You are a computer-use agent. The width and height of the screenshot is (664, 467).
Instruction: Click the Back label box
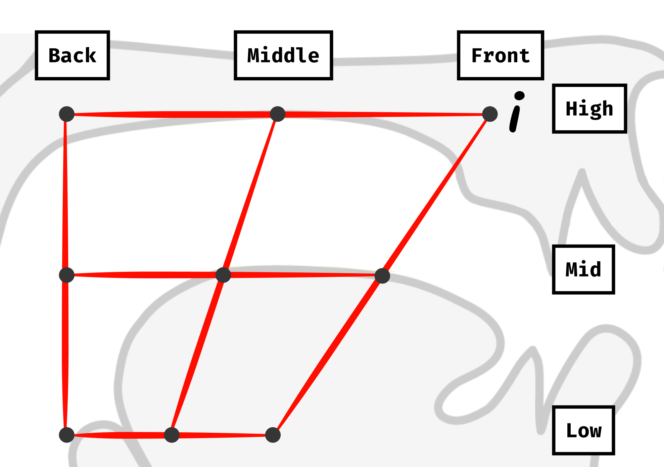(72, 55)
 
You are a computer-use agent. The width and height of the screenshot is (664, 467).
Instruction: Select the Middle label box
(283, 55)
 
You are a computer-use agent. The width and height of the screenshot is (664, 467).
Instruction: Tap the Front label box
(500, 55)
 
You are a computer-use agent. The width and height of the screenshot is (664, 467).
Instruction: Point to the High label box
(589, 109)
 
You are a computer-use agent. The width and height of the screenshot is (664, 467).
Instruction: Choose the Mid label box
(583, 269)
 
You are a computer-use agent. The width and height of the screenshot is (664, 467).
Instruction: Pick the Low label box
(583, 430)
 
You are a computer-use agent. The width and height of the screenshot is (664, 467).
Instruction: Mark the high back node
(66, 114)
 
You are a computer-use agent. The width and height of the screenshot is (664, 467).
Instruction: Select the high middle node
(278, 114)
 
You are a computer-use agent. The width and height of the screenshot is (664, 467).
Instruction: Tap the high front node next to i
(490, 114)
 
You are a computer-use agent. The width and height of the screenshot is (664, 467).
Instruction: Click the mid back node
(66, 275)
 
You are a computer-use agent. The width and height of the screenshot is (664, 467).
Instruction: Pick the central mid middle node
(223, 275)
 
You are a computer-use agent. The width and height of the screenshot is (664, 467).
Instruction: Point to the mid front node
(382, 276)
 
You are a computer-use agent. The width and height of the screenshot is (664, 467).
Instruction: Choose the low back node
(66, 435)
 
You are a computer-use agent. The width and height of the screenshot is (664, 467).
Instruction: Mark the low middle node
(172, 435)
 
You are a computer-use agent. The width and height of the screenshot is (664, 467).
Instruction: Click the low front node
(273, 435)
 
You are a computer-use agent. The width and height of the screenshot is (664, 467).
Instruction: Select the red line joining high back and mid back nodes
(65, 195)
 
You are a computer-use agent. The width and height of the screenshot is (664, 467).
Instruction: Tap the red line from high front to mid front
(436, 195)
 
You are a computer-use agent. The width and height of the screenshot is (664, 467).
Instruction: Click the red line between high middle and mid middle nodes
(250, 195)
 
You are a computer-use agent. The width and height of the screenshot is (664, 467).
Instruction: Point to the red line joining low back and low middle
(119, 435)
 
